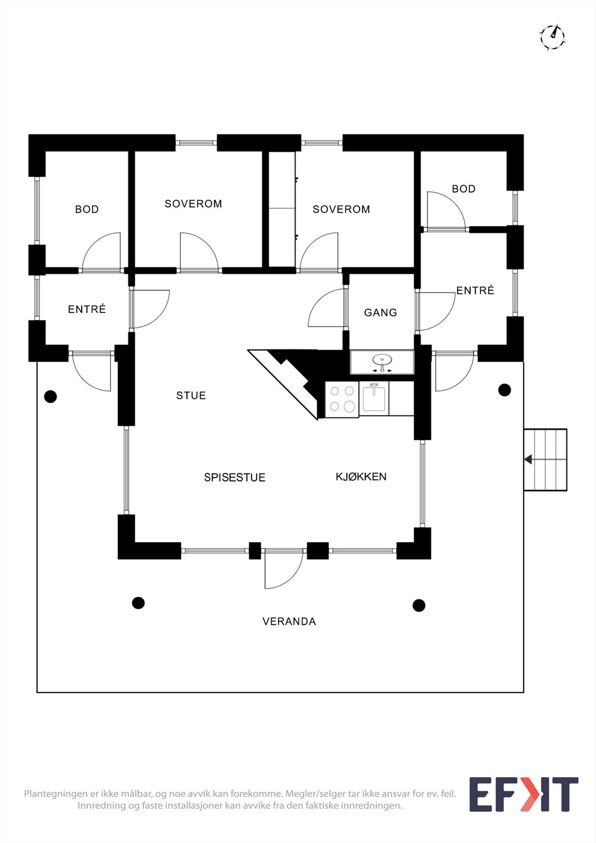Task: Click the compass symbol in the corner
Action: [552, 37]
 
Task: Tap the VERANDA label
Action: [289, 622]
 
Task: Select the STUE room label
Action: [191, 396]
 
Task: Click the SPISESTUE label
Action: [235, 477]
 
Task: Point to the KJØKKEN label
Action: [361, 477]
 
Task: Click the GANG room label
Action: [380, 313]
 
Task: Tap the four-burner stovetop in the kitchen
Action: [341, 399]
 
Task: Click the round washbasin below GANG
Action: [382, 361]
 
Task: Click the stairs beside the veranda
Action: [545, 460]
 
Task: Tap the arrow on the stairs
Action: [527, 460]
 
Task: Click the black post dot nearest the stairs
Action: [504, 390]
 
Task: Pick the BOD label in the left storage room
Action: [87, 210]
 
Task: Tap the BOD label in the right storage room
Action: [463, 189]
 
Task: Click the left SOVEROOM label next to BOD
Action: [193, 204]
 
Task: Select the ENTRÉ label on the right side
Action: [475, 291]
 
